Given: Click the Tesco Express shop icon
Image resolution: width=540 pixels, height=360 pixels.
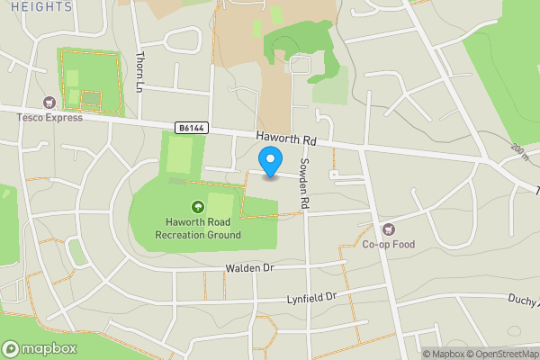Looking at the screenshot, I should (x=48, y=102).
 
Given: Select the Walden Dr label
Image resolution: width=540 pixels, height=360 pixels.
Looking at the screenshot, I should (x=249, y=268).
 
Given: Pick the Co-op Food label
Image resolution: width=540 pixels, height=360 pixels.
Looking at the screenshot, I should (x=388, y=244).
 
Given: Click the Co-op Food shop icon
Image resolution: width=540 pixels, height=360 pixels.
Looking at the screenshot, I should (x=388, y=229).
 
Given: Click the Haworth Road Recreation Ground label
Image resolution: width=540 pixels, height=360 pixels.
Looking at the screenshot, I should (x=197, y=229).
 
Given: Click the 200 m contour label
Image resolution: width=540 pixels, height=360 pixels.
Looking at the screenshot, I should (x=520, y=154).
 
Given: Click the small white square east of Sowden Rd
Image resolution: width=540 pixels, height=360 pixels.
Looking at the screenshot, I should (x=333, y=174).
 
